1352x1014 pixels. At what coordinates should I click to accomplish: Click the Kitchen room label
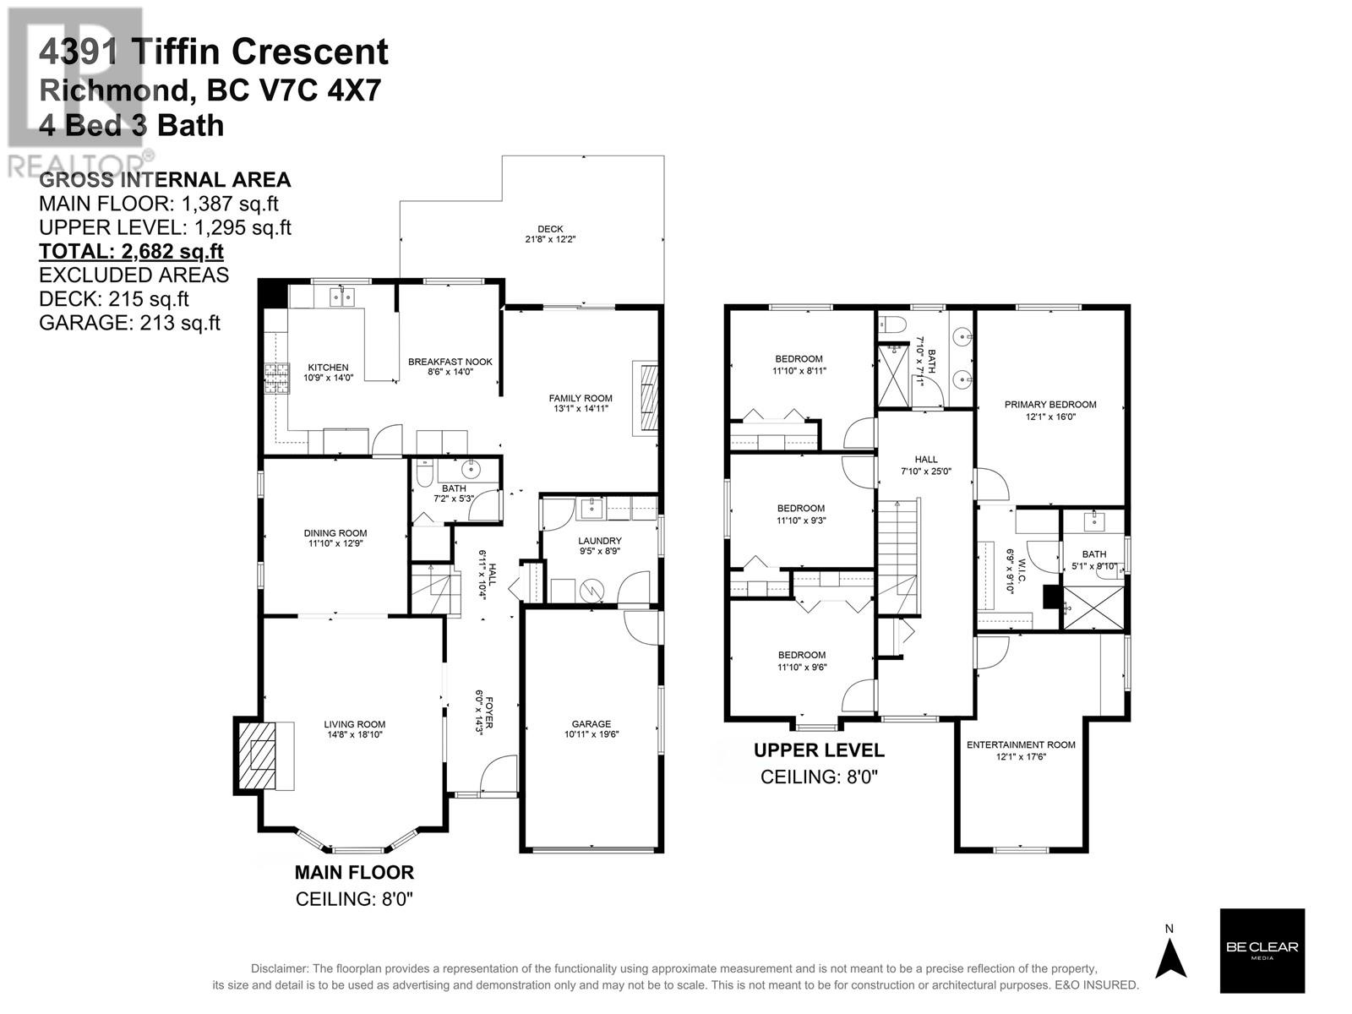(x=328, y=368)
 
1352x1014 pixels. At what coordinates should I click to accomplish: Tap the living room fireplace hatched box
(x=256, y=756)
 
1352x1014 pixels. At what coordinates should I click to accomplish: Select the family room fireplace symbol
(x=646, y=398)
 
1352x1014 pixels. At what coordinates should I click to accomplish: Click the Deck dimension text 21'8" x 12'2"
(x=550, y=239)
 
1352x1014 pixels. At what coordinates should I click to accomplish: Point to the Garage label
(x=591, y=724)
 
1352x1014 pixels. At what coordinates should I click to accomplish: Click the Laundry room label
(x=600, y=541)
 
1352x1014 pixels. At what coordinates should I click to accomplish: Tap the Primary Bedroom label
(x=1049, y=405)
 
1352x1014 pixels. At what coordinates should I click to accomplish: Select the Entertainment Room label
(x=1021, y=744)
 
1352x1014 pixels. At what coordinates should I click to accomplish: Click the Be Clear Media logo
(x=1262, y=950)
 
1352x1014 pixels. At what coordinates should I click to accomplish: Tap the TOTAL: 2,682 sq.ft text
(x=131, y=251)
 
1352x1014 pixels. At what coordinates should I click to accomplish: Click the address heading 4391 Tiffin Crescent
(x=214, y=52)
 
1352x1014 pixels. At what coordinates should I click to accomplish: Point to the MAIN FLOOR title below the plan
(x=354, y=872)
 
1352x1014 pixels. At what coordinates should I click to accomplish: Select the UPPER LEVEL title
(x=819, y=750)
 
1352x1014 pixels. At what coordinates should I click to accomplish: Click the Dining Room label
(x=335, y=533)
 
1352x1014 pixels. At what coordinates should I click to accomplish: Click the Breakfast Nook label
(x=450, y=362)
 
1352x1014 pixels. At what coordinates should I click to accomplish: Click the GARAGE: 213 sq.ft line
(x=129, y=322)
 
